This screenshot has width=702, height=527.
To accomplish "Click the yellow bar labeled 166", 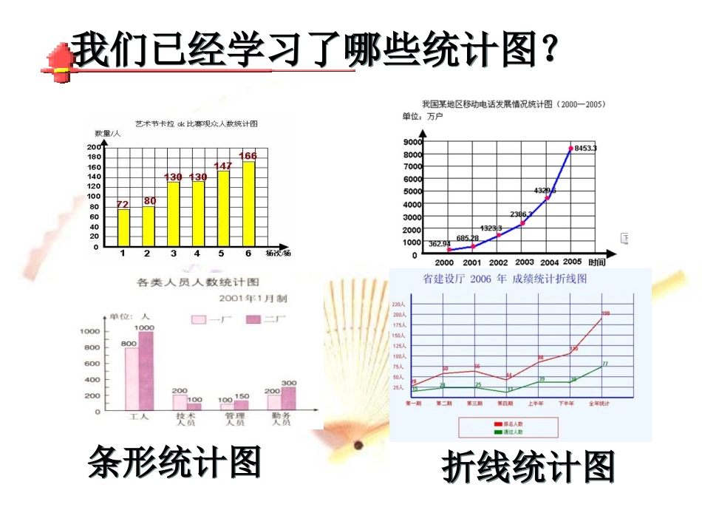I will [249, 204].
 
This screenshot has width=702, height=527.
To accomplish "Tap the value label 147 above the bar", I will [222, 166].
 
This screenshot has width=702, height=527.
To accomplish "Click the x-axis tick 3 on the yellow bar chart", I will [173, 254].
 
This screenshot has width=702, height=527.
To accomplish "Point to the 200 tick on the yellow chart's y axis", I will [94, 147].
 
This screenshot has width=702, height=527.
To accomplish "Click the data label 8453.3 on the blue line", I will [585, 149].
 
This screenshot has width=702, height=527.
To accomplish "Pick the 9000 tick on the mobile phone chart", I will [412, 141].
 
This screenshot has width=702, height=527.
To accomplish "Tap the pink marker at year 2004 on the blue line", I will [548, 198].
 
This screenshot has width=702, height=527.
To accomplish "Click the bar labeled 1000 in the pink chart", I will [146, 370].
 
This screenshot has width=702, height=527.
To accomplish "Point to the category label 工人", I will [139, 417].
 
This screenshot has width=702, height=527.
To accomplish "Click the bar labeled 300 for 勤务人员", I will [288, 399].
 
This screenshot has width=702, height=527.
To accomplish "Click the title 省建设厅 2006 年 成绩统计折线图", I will [504, 279].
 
